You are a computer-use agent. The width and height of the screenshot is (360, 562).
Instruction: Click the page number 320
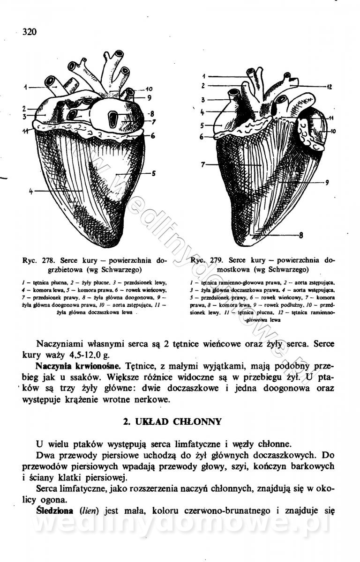[29, 31]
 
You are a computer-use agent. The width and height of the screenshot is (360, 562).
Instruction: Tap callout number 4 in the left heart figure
[31, 191]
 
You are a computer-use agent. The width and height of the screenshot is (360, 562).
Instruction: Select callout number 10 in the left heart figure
[149, 89]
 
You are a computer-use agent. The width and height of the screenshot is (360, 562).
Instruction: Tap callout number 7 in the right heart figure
[203, 165]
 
